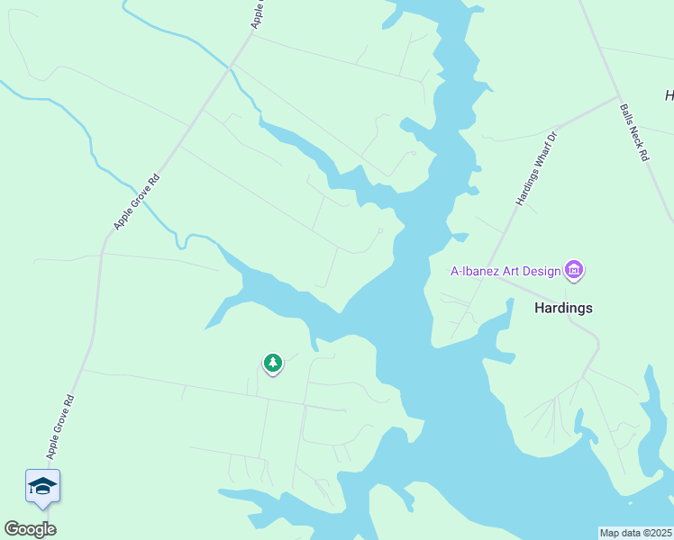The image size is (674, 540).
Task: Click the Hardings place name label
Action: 563,308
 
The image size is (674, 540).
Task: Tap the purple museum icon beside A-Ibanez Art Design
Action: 574,269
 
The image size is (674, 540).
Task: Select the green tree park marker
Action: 272,363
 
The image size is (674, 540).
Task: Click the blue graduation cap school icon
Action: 42,487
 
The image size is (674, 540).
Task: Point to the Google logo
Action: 30,529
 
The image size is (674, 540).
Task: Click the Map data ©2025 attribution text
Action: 635,533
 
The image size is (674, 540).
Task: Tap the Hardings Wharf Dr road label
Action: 537,167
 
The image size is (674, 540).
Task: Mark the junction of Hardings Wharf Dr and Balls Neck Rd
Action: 616,95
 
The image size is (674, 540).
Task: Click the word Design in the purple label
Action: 542,270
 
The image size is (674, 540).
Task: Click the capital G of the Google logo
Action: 12,529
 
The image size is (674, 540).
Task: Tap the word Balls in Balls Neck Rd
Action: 626,115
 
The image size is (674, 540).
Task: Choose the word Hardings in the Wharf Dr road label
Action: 527,185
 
